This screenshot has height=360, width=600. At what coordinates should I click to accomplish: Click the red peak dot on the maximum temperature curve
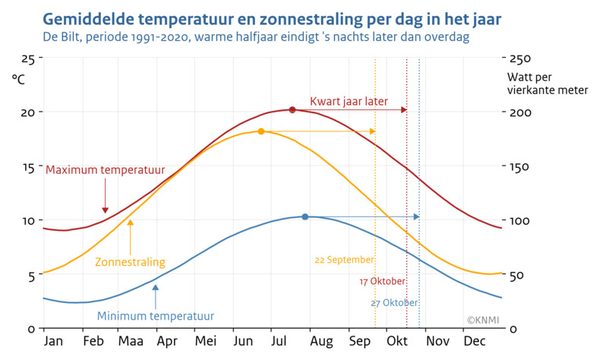click(x=292, y=110)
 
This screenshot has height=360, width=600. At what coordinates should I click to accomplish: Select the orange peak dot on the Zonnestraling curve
click(x=261, y=131)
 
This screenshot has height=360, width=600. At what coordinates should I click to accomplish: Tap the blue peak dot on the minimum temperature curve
click(x=305, y=217)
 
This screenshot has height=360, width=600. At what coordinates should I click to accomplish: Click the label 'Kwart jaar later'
click(x=349, y=101)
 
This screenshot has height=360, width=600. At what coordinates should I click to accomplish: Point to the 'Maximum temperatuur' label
click(x=106, y=169)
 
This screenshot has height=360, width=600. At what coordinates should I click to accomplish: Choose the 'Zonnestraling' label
click(x=130, y=262)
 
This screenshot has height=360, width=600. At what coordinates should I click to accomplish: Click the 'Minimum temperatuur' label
click(x=156, y=316)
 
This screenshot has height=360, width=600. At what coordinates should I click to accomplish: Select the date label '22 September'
click(x=344, y=260)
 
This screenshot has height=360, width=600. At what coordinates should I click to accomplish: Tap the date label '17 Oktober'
click(x=382, y=282)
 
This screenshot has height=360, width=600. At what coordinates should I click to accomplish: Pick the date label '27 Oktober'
click(x=394, y=303)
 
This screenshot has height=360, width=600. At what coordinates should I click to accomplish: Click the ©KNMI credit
click(x=482, y=321)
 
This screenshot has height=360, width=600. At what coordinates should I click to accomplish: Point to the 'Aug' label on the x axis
click(x=319, y=342)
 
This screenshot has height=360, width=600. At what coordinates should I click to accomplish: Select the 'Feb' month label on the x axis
click(x=93, y=342)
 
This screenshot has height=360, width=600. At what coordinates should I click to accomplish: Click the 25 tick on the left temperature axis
click(x=27, y=58)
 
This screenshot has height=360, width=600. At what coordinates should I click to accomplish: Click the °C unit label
click(x=19, y=78)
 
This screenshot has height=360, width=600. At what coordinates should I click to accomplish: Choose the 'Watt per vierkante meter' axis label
click(x=546, y=84)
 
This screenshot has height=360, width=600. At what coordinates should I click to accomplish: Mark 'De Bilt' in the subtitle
click(x=62, y=36)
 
